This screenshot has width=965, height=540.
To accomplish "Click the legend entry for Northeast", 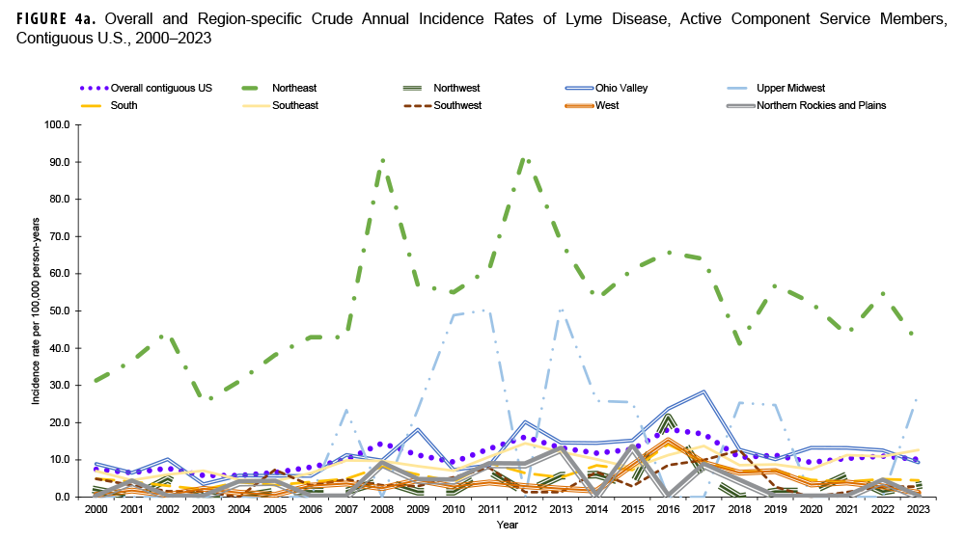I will (x=294, y=88).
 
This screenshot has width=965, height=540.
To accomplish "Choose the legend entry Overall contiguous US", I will (x=161, y=88).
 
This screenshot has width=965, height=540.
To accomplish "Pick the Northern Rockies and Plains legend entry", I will (x=821, y=105).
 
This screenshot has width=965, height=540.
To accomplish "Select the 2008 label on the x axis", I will (x=383, y=509).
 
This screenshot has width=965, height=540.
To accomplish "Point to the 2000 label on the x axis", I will (x=95, y=509).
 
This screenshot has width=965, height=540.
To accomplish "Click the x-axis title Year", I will (x=507, y=525).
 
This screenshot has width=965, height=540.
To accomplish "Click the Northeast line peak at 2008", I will (x=383, y=159).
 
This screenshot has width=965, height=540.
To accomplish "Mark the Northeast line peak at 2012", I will (x=524, y=157).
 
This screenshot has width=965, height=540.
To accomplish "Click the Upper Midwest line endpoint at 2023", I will (x=916, y=398).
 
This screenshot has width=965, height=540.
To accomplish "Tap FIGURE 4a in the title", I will (x=54, y=19).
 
